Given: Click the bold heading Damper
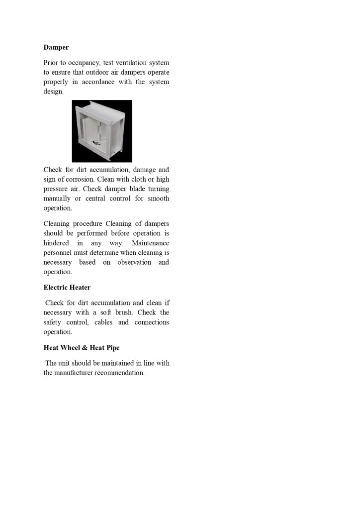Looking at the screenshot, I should click(x=56, y=47).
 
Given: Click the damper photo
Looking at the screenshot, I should click(x=102, y=131).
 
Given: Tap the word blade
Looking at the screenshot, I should click(x=137, y=189).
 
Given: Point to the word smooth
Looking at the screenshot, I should click(x=159, y=199).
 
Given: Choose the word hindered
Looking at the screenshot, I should click(x=56, y=243).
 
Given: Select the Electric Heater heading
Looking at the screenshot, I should click(x=67, y=287).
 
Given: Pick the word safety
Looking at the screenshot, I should click(x=54, y=322).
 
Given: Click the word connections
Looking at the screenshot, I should click(x=152, y=322).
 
